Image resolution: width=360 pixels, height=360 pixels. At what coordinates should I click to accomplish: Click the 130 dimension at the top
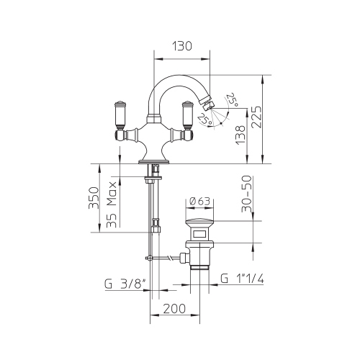184,46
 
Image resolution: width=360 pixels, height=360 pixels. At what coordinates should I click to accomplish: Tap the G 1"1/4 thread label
245,279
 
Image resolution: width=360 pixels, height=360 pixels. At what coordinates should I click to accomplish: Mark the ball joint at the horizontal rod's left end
150,256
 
